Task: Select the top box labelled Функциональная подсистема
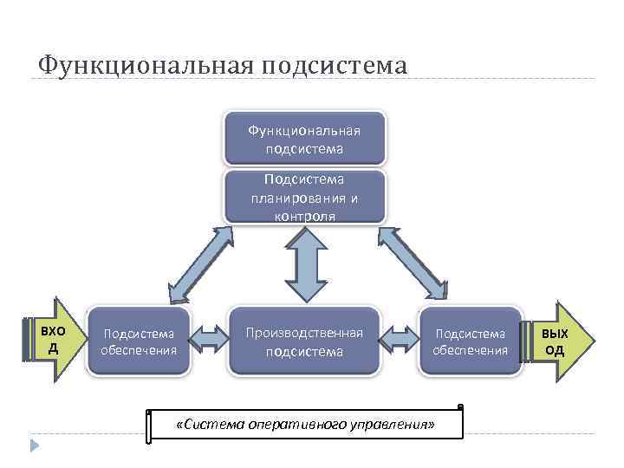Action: coord(304,139)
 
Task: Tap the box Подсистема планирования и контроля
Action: coord(304,197)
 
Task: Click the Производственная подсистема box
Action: coord(304,341)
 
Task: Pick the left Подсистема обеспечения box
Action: coord(139,341)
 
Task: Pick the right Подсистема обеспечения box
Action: coord(471,341)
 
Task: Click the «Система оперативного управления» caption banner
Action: coord(305,424)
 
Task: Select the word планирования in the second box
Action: coord(304,198)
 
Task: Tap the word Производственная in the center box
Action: coord(304,333)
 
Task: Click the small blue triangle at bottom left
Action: coord(35,446)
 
